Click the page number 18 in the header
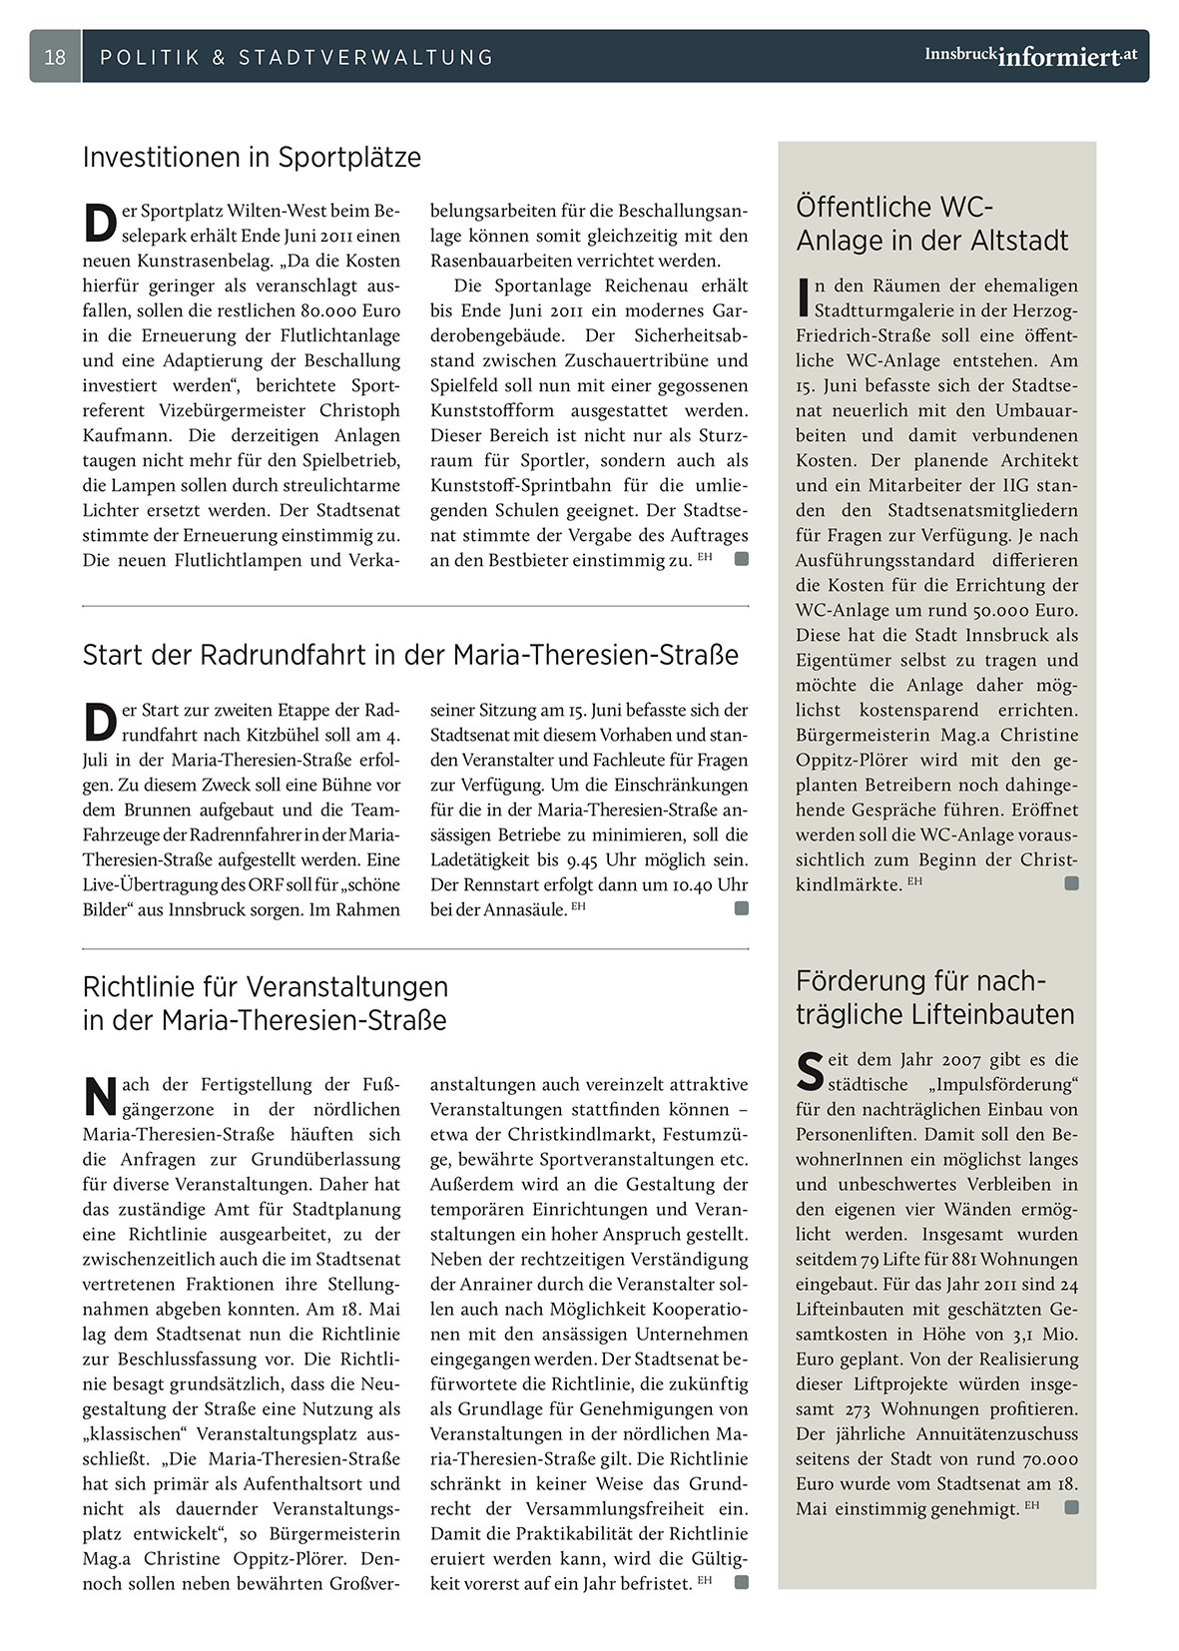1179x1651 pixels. click(x=55, y=57)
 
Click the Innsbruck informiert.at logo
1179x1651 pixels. click(x=1030, y=56)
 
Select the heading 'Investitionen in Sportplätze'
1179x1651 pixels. click(x=252, y=158)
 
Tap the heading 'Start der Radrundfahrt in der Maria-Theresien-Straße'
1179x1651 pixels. click(x=410, y=655)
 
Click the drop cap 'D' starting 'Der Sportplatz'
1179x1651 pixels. click(x=98, y=223)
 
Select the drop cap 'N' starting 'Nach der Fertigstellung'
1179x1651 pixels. click(x=99, y=1095)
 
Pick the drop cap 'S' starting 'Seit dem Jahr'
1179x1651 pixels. click(x=809, y=1071)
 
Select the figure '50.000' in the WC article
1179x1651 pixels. click(x=989, y=610)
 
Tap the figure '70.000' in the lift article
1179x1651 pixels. click(x=1041, y=1458)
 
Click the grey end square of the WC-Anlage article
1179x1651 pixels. click(x=1071, y=883)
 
